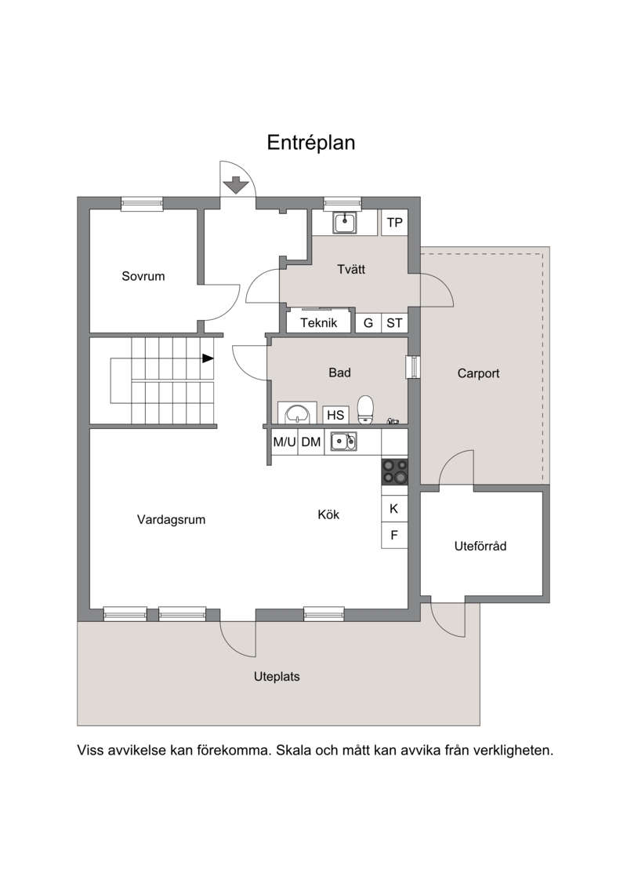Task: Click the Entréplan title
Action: [x=311, y=143]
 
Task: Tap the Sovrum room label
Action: [x=143, y=276]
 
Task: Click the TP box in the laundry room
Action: [x=395, y=222]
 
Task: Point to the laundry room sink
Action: [x=344, y=223]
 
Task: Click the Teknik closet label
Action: [x=319, y=323]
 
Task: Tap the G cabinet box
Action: [x=368, y=323]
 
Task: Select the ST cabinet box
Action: [x=395, y=323]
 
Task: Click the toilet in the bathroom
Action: [x=366, y=409]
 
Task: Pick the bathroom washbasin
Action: [x=297, y=413]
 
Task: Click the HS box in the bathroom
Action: [x=335, y=415]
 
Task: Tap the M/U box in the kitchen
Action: [x=285, y=442]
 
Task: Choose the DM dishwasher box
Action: [x=311, y=442]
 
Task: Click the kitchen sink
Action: [x=344, y=442]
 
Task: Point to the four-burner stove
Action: [x=395, y=471]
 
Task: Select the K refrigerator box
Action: [x=394, y=508]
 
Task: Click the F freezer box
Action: [x=394, y=535]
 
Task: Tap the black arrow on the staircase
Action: [x=208, y=358]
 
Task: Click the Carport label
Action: [x=478, y=373]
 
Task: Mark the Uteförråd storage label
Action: [x=480, y=546]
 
